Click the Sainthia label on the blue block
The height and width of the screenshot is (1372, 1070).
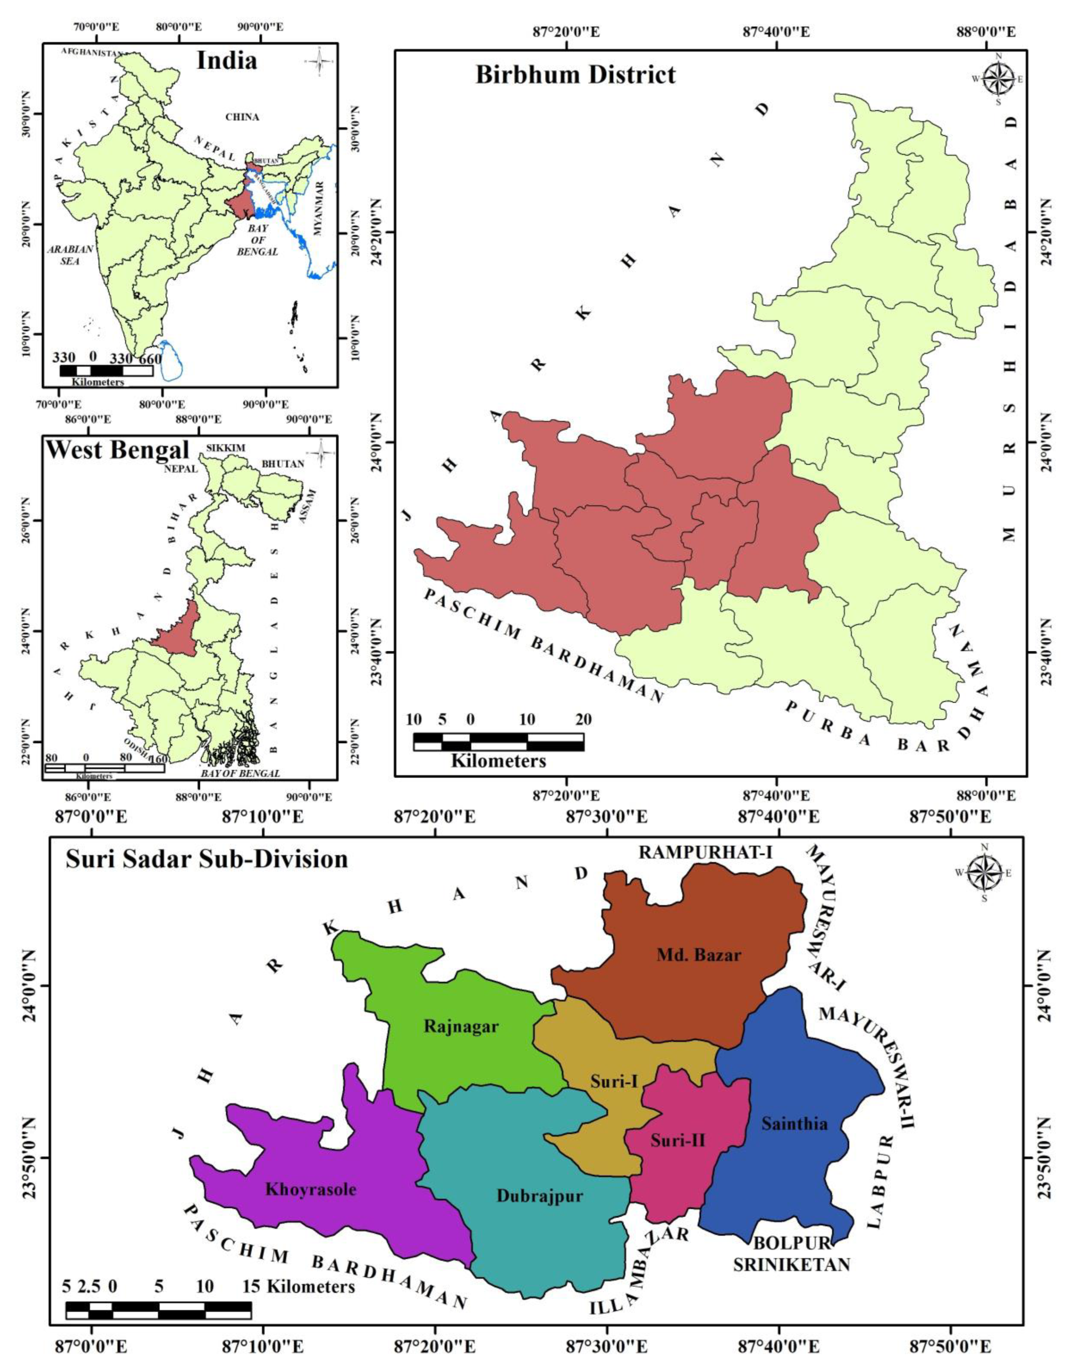coord(794,1123)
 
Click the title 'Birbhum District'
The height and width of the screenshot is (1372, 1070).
coord(575,75)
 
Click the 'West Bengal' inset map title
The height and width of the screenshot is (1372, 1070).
coord(118,450)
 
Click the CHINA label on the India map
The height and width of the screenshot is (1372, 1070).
coord(242,118)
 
